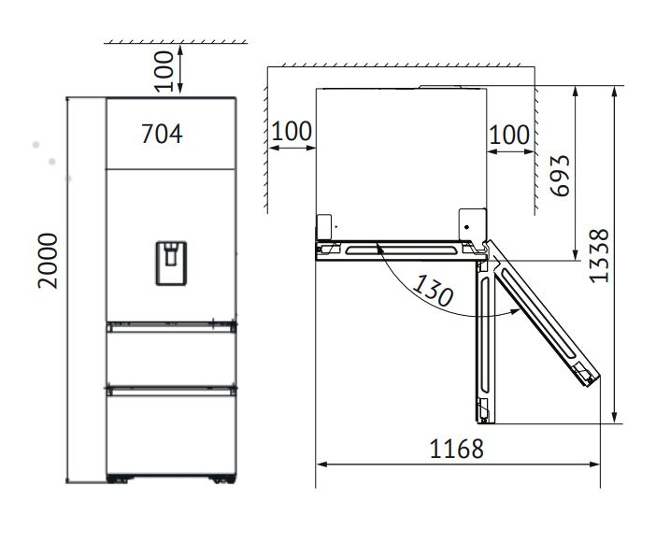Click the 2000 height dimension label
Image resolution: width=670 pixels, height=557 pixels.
(x=49, y=261)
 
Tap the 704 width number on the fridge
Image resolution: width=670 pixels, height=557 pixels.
(x=162, y=135)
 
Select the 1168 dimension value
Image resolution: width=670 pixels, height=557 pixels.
(x=456, y=449)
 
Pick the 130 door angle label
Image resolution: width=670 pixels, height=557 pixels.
(x=433, y=291)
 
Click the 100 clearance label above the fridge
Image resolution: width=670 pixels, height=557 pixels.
(x=165, y=71)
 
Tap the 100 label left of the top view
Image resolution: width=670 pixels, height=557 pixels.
(x=292, y=132)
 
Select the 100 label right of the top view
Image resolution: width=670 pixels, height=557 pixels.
(x=509, y=135)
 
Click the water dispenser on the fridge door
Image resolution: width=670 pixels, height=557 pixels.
(x=170, y=262)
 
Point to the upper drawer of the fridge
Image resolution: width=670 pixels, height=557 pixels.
(x=169, y=353)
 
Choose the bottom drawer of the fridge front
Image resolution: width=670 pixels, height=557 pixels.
(x=169, y=432)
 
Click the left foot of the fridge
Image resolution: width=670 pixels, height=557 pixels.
(x=118, y=480)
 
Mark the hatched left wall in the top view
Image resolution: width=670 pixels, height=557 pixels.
(x=264, y=140)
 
